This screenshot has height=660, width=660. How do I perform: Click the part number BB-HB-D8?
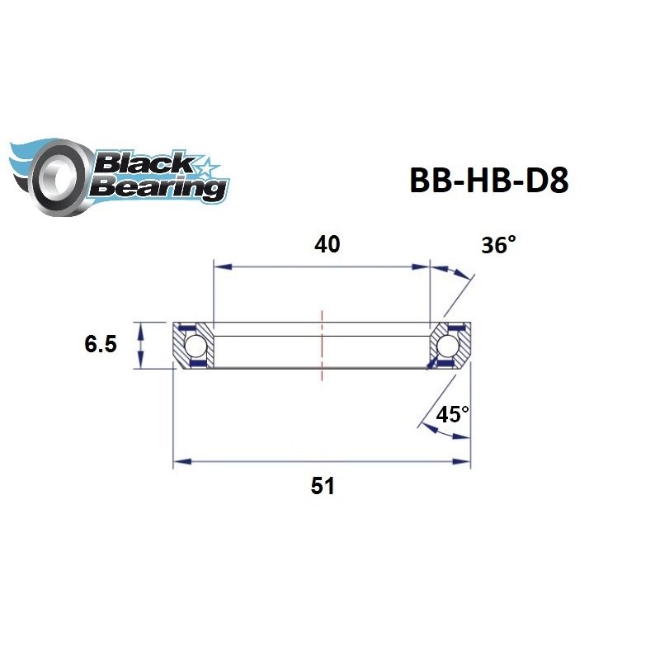(488, 181)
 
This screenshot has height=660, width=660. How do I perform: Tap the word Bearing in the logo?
(157, 188)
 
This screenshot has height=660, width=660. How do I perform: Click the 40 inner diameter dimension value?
(327, 245)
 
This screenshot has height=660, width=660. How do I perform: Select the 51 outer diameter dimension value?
(323, 486)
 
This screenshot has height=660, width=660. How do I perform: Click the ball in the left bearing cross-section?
(196, 343)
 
